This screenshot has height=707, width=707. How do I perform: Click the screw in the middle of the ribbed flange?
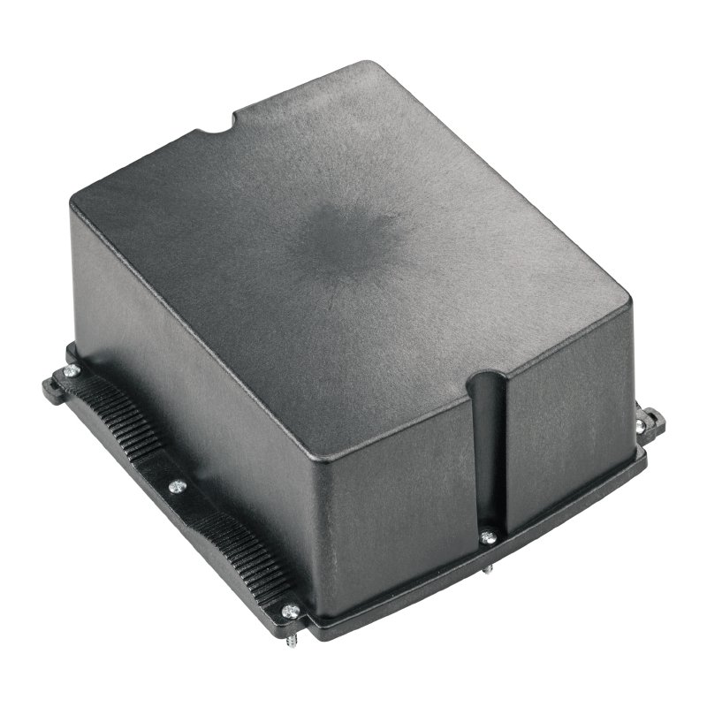tap(177, 485)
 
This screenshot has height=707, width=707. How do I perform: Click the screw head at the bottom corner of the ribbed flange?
tap(289, 609)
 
